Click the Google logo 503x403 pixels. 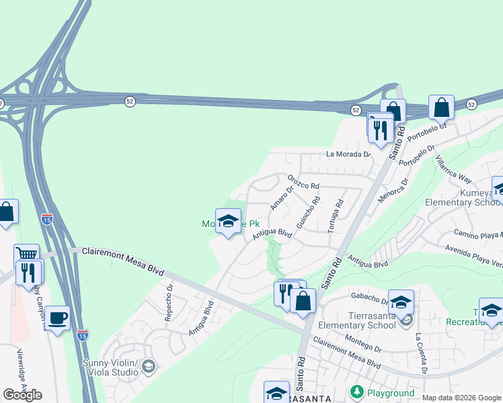[x=22, y=395]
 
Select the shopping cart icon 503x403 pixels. [x=26, y=254]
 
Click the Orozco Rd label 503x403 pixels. [x=303, y=182]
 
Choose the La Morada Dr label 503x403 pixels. [x=348, y=154]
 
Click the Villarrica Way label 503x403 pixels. [x=453, y=169]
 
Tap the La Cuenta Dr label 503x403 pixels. [x=420, y=353]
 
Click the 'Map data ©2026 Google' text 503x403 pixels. [x=461, y=398]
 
